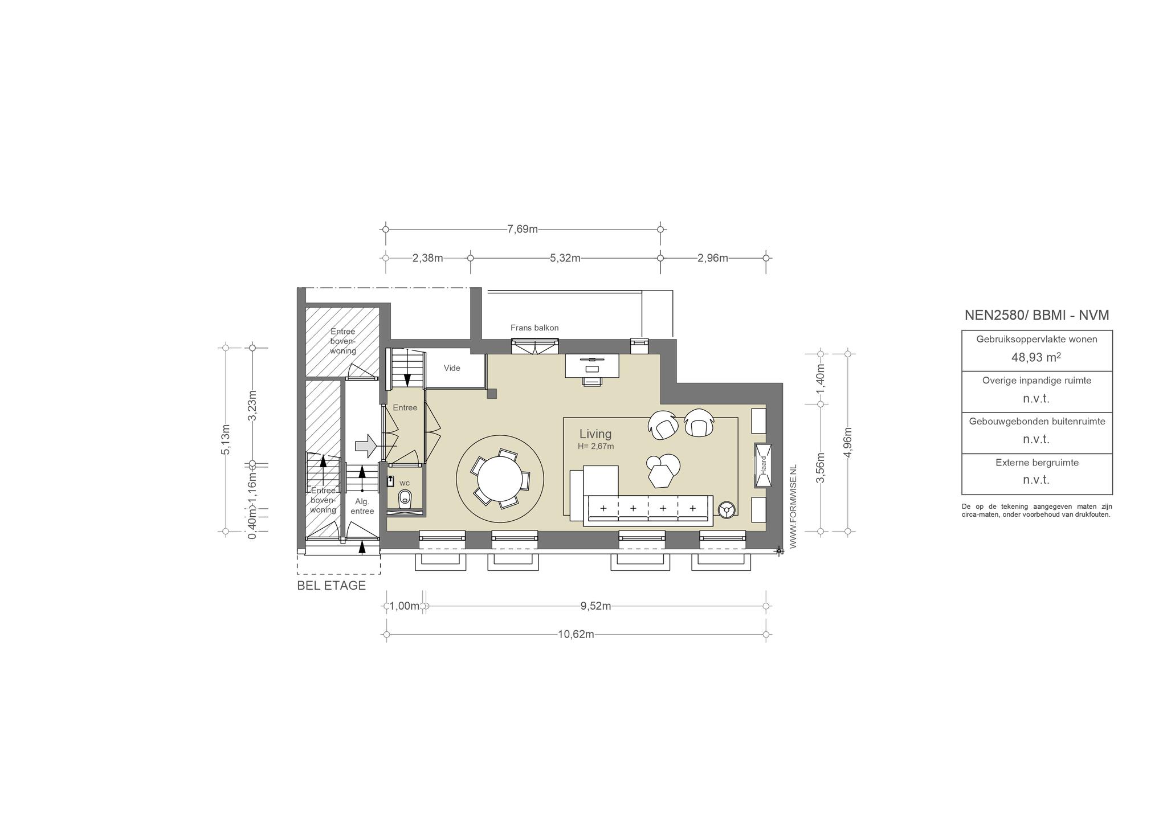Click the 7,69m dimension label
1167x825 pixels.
tap(523, 229)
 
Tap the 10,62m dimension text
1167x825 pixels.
tap(576, 634)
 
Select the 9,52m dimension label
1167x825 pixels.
tap(596, 606)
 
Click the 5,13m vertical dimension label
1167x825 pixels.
tap(226, 439)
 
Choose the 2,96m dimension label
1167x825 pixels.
tap(713, 258)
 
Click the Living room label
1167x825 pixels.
tap(595, 434)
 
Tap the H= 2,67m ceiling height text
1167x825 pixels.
tap(596, 447)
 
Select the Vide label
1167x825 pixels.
tap(452, 368)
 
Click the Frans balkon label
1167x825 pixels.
tap(534, 328)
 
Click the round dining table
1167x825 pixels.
tap(500, 479)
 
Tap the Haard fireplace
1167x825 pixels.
tap(763, 465)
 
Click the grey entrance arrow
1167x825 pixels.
tap(365, 446)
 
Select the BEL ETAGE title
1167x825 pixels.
tap(332, 586)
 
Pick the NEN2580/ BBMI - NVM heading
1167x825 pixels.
tap(1037, 315)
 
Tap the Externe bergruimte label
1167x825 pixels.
tap(1037, 463)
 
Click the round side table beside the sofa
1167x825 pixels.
tap(727, 509)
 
